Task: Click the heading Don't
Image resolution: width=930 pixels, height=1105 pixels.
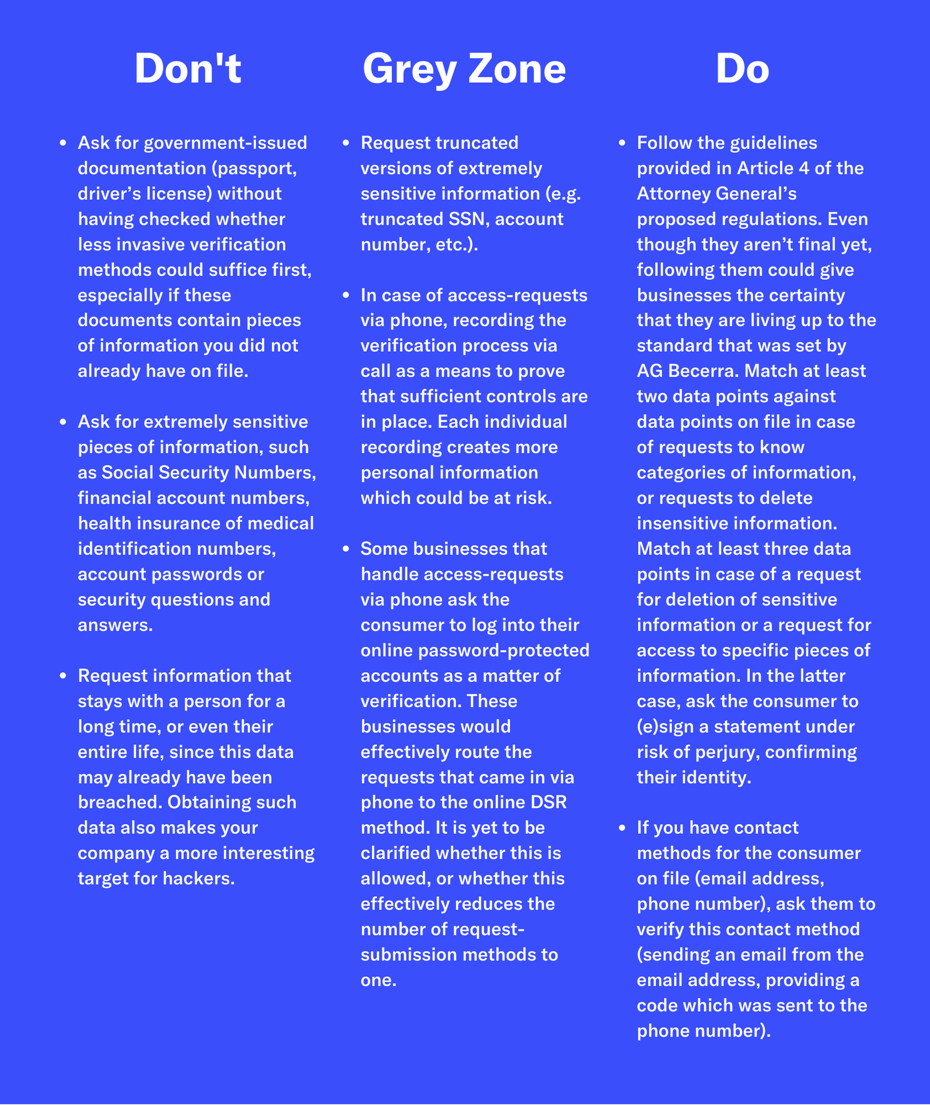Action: tap(188, 69)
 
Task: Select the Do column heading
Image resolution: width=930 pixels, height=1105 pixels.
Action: tap(742, 69)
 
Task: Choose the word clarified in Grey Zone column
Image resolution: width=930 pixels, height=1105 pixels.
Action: tap(396, 853)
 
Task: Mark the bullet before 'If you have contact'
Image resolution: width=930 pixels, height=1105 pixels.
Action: tap(622, 828)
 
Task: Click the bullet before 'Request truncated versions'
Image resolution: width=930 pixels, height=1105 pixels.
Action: tap(346, 143)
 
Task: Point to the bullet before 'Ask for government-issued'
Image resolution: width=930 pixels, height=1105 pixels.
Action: tap(63, 143)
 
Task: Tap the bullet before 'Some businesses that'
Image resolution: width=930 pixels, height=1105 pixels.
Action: tap(346, 549)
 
